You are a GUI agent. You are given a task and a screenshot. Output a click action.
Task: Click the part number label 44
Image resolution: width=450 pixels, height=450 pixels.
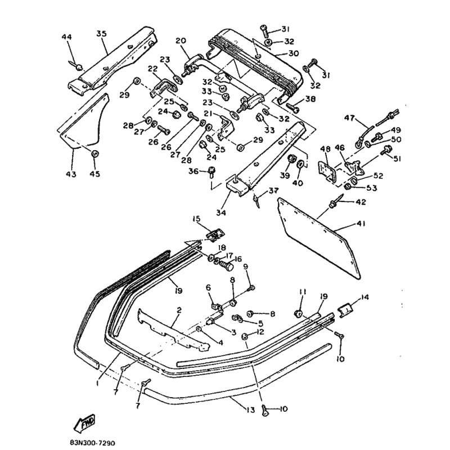67,37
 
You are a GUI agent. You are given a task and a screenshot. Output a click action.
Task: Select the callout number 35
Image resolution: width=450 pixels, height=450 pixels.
101,34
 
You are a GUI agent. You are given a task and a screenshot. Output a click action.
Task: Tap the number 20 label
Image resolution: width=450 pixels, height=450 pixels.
180,40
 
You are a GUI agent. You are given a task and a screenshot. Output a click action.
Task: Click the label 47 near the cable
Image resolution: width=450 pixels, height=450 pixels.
349,119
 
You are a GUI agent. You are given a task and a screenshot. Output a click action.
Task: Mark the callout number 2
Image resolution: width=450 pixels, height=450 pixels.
179,310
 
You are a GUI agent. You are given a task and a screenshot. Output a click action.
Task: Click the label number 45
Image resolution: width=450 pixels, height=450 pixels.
94,174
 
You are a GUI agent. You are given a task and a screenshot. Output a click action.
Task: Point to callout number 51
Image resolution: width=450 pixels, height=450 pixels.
397,159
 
